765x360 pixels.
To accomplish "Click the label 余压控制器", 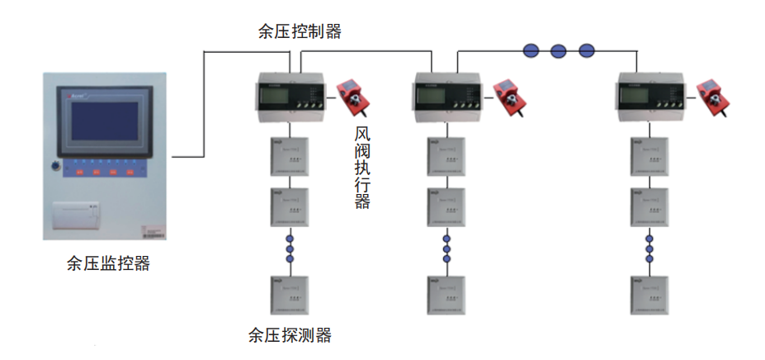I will (x=300, y=32).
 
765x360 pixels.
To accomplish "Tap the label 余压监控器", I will (x=108, y=264).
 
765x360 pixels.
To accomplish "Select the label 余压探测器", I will (x=290, y=335).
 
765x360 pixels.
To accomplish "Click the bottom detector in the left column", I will (x=290, y=294).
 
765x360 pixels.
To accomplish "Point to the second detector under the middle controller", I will (x=446, y=207).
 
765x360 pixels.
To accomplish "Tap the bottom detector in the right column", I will (x=649, y=294).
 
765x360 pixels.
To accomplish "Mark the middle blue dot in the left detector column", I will (x=290, y=249).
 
